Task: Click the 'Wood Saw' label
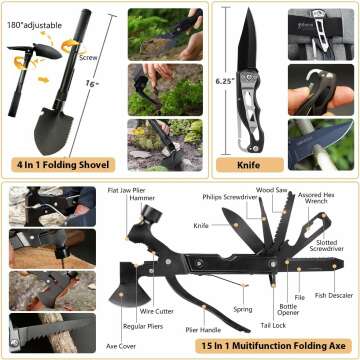271,187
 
